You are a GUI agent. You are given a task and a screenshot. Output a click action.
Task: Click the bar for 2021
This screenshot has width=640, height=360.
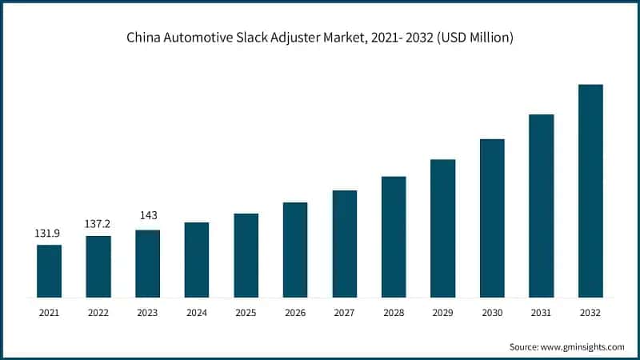click(49, 271)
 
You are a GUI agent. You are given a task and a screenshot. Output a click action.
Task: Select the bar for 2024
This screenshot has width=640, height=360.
click(197, 260)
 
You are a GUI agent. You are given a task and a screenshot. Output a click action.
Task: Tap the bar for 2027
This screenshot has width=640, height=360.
click(345, 244)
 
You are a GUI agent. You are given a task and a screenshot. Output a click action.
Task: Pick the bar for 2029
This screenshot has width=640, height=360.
click(442, 229)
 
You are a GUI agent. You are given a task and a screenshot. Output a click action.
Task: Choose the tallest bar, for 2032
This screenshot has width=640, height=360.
click(590, 191)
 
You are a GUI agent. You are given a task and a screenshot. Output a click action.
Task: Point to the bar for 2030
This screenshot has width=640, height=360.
click(492, 218)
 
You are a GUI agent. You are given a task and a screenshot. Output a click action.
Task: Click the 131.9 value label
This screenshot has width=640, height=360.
click(49, 233)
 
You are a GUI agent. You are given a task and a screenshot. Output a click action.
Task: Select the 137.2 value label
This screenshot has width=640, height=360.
click(98, 224)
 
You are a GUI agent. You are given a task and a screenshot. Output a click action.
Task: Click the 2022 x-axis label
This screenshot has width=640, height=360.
click(98, 313)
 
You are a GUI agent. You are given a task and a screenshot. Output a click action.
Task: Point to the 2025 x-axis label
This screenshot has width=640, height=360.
click(246, 313)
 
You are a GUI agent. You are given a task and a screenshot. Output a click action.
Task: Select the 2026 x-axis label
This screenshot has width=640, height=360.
click(295, 313)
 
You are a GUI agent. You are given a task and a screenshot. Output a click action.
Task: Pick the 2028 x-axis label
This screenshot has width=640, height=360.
click(394, 313)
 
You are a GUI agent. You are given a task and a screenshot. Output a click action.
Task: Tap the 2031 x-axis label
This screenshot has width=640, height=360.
click(541, 313)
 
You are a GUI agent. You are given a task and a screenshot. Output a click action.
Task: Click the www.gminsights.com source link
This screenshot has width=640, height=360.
click(583, 346)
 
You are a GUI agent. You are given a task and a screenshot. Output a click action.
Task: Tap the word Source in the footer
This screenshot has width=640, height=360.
click(524, 346)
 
